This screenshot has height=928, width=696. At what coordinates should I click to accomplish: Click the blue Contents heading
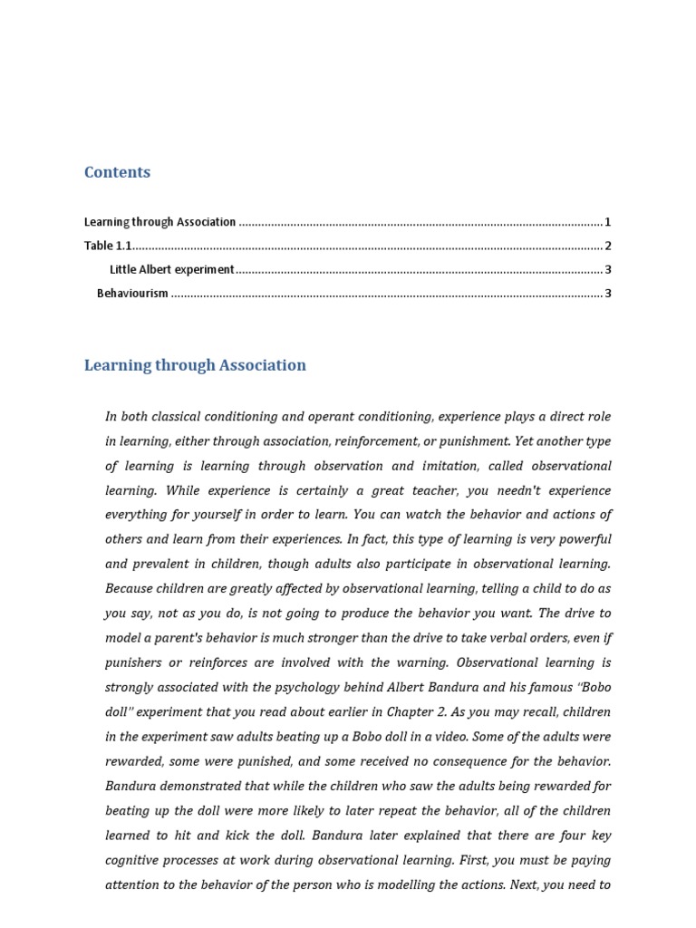(x=117, y=172)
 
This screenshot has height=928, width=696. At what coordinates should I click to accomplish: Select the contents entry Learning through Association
(x=159, y=222)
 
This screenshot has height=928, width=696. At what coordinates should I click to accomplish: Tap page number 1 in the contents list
(x=608, y=222)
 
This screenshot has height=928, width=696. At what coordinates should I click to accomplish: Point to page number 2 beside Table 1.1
(x=608, y=246)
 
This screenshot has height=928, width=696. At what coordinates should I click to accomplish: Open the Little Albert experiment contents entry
(x=171, y=269)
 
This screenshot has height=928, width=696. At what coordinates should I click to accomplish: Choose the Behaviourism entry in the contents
(x=132, y=293)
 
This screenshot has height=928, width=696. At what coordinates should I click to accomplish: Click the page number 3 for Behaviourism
(x=608, y=293)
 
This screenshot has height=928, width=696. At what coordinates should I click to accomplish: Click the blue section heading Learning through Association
(x=195, y=365)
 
